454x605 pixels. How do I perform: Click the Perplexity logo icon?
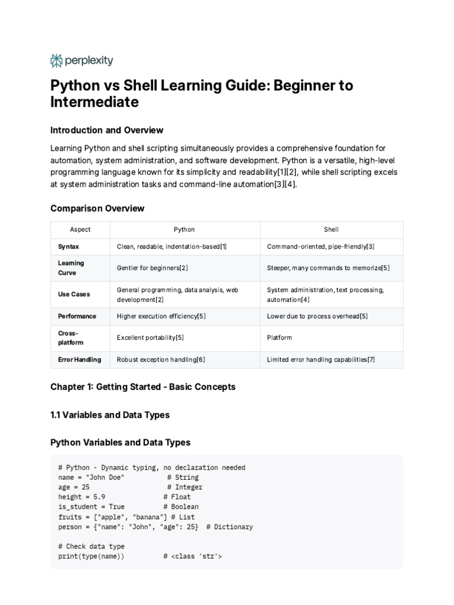pos(57,60)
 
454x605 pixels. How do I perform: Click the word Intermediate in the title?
pos(95,102)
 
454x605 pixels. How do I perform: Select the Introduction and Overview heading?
pos(107,130)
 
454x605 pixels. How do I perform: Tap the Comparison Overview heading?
pos(98,209)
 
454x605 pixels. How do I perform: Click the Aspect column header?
pos(80,229)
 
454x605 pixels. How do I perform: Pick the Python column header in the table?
pos(184,229)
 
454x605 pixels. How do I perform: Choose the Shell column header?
pos(331,229)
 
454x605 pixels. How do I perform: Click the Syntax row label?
pos(69,246)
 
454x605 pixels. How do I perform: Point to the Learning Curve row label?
pos(71,268)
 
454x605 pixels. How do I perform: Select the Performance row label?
pos(77,316)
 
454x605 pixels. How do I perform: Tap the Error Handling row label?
pos(79,359)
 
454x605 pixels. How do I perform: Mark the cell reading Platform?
pos(280,337)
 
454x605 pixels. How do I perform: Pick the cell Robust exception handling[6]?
pos(161,359)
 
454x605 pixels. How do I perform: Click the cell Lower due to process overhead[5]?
pos(317,316)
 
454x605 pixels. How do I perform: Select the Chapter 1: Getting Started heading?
pos(143,387)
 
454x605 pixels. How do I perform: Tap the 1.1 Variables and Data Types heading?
pos(110,415)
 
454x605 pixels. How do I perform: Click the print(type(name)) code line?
pos(92,556)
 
